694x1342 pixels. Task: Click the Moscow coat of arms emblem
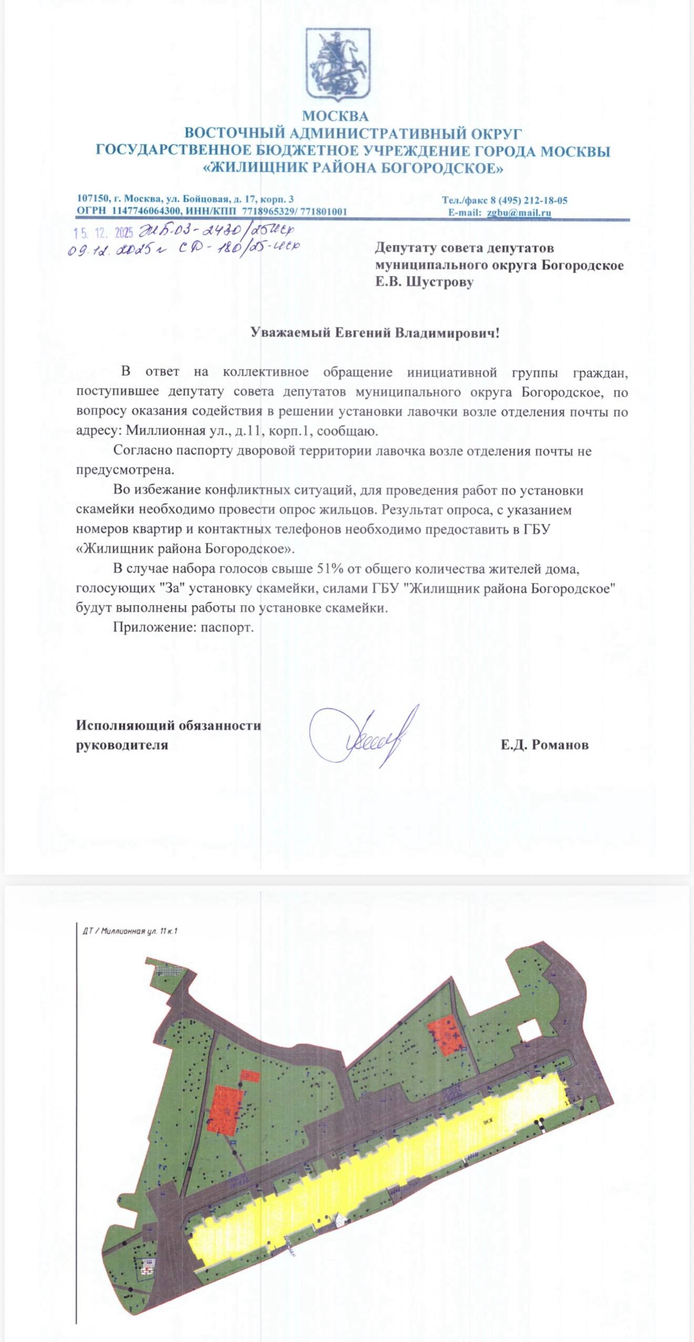pos(338,64)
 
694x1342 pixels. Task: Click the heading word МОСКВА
pos(335,116)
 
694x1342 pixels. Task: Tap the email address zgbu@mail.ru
pos(518,213)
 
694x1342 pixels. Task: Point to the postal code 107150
pos(93,199)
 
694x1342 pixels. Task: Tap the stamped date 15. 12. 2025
pos(104,233)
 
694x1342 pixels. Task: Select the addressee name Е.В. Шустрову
pos(424,282)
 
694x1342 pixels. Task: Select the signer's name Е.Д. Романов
pos(544,745)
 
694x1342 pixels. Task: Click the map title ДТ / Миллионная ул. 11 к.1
pos(130,931)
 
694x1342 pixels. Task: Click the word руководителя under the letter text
pos(122,745)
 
